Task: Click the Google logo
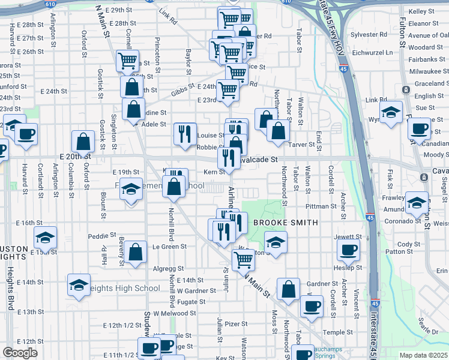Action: tap(20, 353)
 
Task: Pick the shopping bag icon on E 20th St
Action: tap(83, 142)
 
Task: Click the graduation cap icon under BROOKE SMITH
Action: tap(276, 242)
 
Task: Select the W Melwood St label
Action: tap(175, 313)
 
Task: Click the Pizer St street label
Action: tap(236, 324)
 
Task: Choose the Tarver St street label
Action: tap(303, 145)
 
